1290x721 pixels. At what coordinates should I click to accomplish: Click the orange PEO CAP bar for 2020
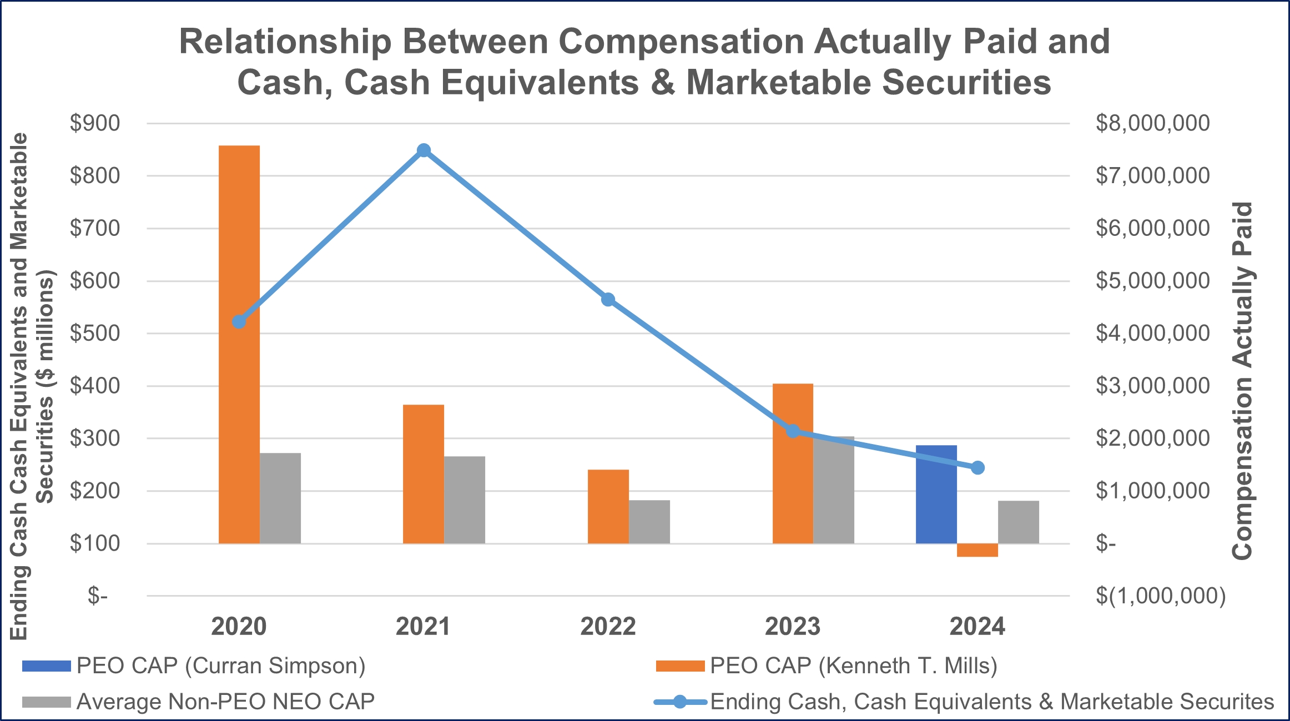coord(239,344)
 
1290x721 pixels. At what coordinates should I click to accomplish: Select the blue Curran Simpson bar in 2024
coord(936,494)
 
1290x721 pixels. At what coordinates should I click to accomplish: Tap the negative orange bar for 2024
coord(977,550)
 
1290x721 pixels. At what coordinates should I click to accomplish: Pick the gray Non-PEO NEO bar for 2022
coord(649,522)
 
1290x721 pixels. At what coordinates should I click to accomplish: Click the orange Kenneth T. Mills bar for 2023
coord(793,463)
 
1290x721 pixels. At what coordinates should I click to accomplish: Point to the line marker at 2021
coord(424,150)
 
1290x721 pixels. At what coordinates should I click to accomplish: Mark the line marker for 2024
coord(977,468)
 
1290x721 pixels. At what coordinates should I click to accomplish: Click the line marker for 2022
coord(608,300)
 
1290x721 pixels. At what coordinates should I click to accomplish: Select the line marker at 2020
coord(239,322)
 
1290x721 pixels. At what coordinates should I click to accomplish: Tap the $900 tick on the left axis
coord(94,123)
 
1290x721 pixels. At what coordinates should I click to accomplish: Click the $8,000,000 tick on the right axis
coord(1152,123)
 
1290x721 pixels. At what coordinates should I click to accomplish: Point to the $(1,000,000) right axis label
coord(1160,596)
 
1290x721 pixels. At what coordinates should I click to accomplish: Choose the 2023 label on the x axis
coord(793,627)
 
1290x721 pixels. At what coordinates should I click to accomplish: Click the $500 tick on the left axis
coord(94,334)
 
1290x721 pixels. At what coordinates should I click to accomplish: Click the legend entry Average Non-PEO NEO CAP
coord(225,702)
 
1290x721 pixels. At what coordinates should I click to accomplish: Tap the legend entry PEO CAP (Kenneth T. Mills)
coord(853,665)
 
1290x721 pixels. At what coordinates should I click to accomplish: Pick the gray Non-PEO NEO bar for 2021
coord(465,500)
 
